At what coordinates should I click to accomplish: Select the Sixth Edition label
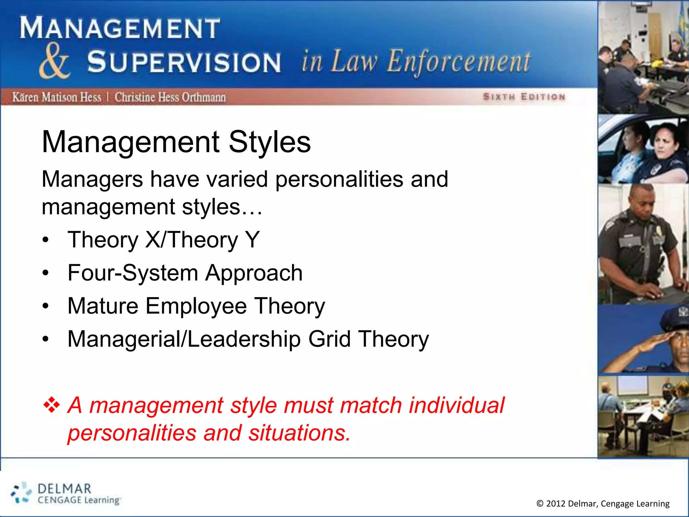[x=524, y=97]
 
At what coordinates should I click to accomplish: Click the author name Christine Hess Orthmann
[x=170, y=97]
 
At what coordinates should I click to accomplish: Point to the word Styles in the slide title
[x=269, y=142]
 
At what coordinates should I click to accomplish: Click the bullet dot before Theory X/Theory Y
[x=46, y=240]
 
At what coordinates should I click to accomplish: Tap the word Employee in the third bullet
[x=196, y=306]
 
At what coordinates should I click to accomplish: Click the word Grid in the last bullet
[x=329, y=339]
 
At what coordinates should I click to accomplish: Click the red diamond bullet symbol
[x=51, y=405]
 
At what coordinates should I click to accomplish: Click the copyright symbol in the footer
[x=540, y=504]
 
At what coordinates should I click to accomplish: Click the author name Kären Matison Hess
[x=57, y=97]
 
